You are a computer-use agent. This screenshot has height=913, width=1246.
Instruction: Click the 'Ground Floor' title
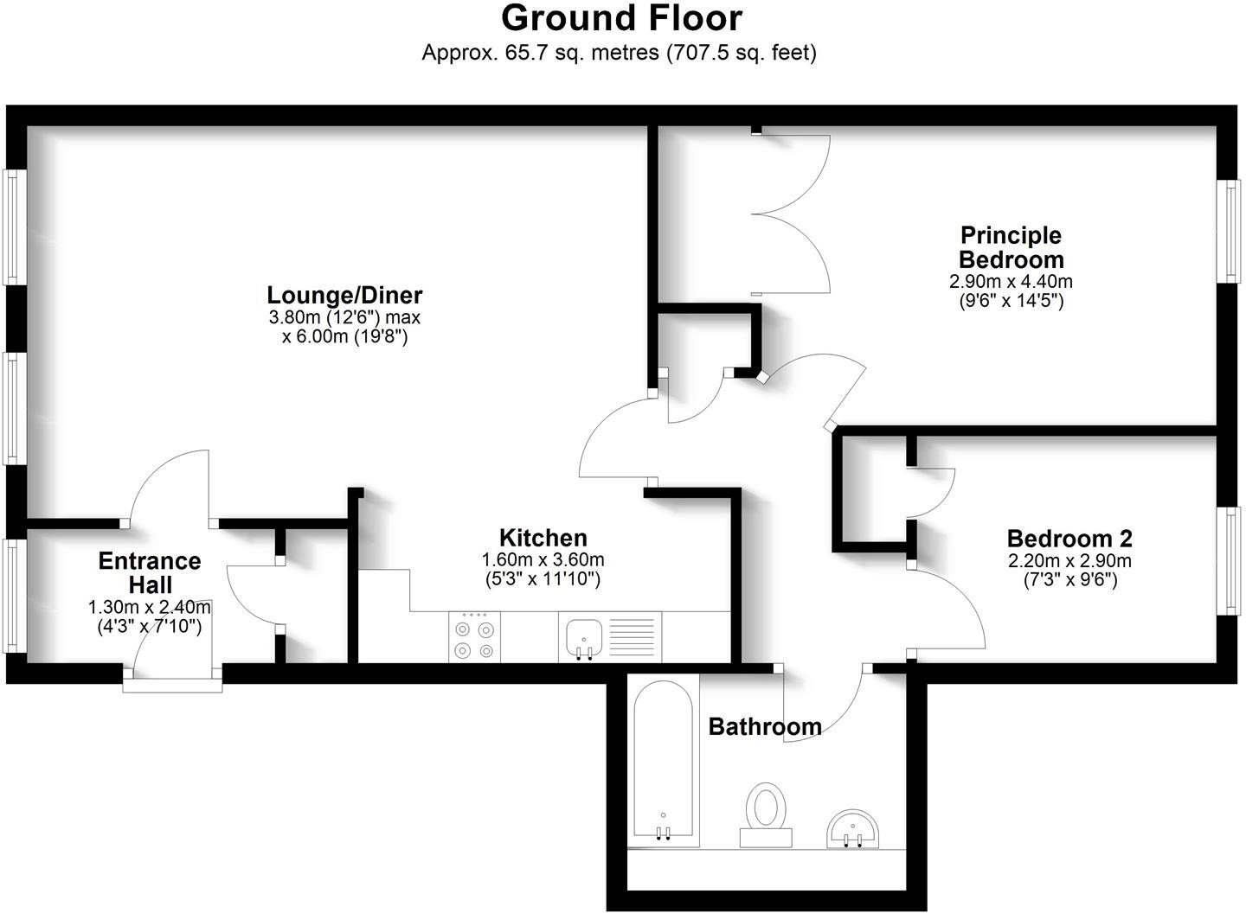pyautogui.click(x=621, y=18)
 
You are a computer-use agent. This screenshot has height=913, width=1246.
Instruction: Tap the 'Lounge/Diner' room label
pyautogui.click(x=344, y=295)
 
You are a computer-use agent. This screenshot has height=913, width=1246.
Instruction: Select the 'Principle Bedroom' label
pyautogui.click(x=1011, y=247)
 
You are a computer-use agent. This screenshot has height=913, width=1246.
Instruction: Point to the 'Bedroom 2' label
pyautogui.click(x=1069, y=539)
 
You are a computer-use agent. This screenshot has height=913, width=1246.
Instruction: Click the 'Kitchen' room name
pyautogui.click(x=543, y=537)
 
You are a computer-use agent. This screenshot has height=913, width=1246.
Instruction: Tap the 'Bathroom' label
pyautogui.click(x=765, y=726)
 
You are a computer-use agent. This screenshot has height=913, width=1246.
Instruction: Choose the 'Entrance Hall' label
pyautogui.click(x=150, y=572)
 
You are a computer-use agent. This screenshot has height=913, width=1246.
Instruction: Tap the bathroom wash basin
pyautogui.click(x=853, y=829)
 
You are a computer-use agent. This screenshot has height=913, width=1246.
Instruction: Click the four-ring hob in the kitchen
pyautogui.click(x=475, y=638)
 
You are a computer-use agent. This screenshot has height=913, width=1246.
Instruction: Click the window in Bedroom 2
pyautogui.click(x=1230, y=560)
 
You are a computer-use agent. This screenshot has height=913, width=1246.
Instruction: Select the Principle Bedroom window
pyautogui.click(x=1230, y=231)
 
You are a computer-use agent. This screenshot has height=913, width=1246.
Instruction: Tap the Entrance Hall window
pyautogui.click(x=12, y=596)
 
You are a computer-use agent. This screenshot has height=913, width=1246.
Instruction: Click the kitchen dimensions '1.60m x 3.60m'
pyautogui.click(x=543, y=560)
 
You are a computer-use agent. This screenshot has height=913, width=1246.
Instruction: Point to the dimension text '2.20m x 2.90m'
pyautogui.click(x=1069, y=561)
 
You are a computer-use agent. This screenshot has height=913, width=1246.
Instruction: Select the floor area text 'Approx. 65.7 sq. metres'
pyautogui.click(x=540, y=53)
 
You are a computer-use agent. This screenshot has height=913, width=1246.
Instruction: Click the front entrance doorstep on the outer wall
pyautogui.click(x=172, y=685)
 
